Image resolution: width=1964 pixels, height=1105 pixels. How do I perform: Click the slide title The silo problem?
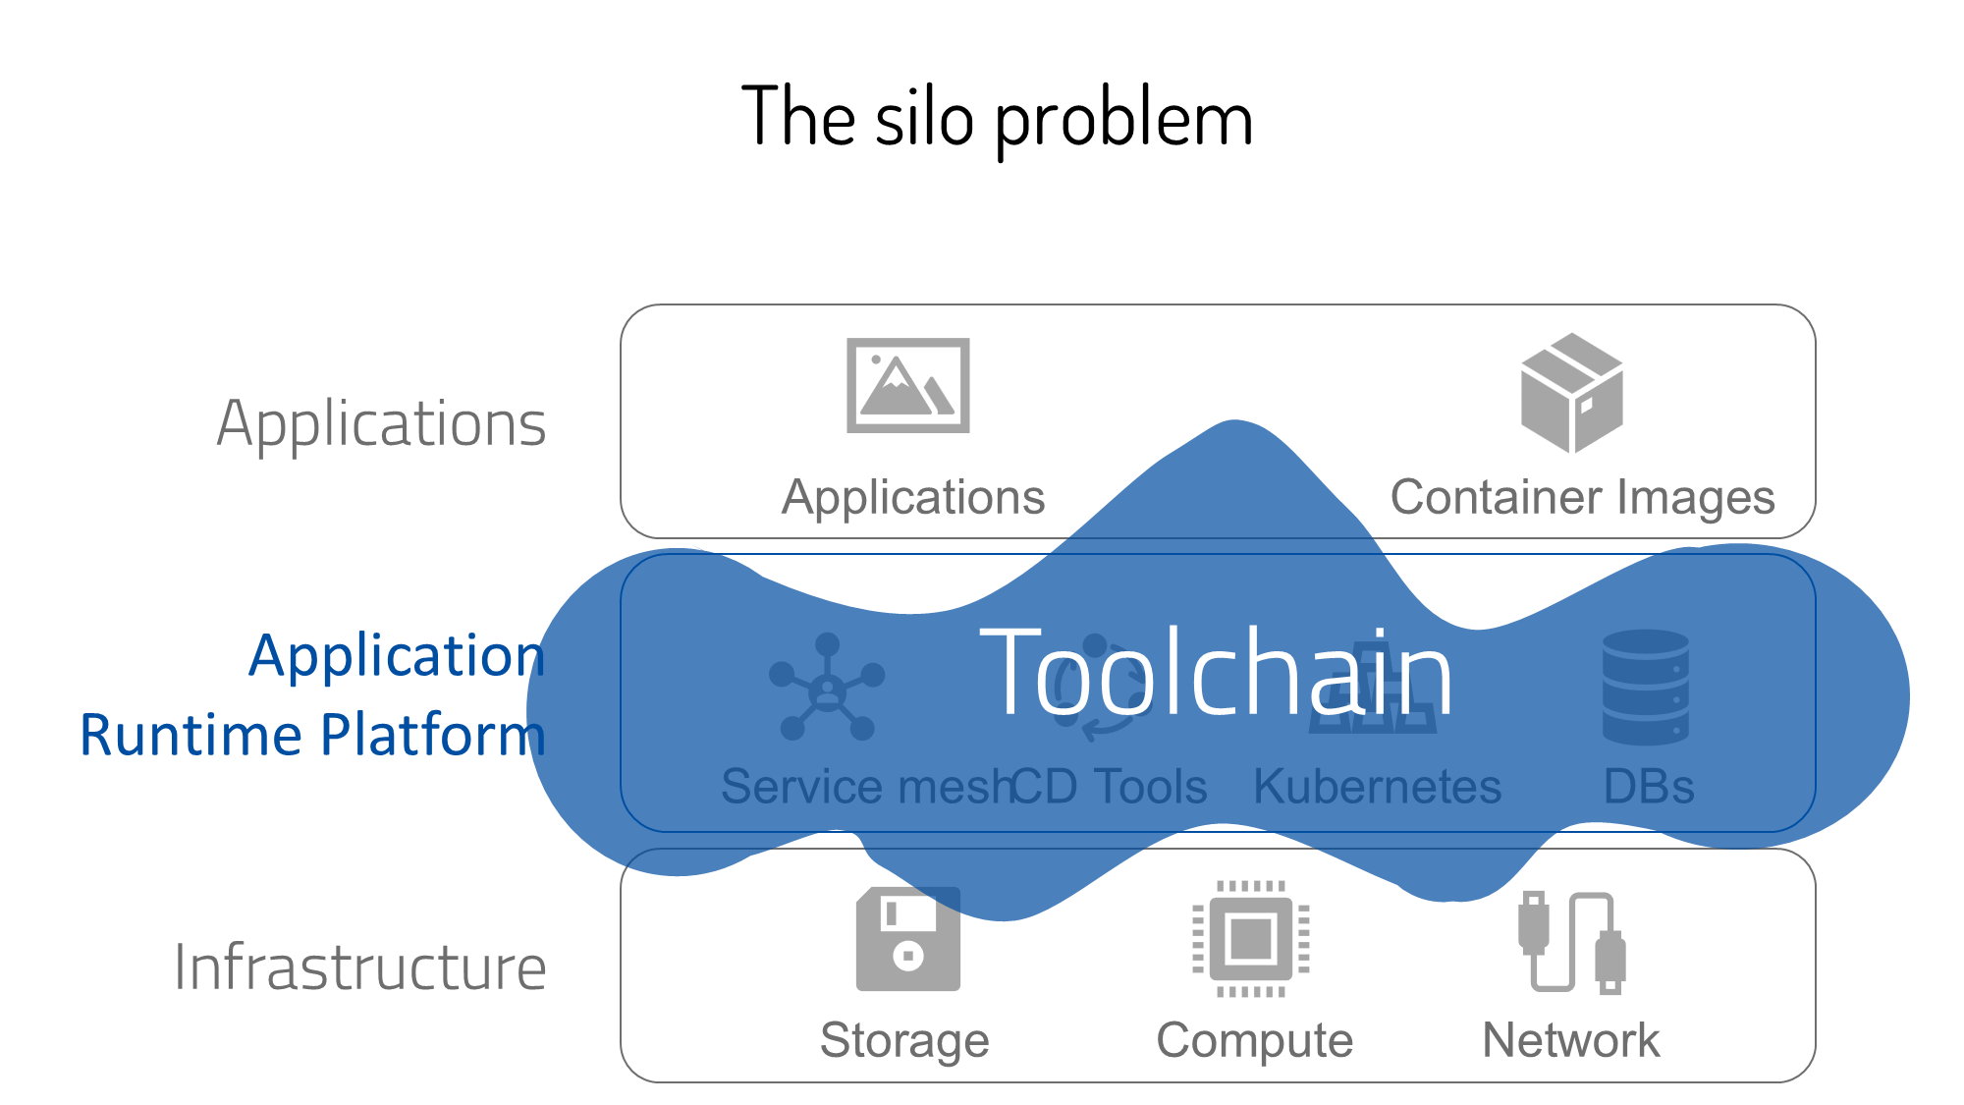click(997, 118)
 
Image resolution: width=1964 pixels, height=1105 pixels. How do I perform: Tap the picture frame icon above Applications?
click(907, 385)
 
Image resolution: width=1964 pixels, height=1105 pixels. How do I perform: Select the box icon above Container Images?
click(1571, 393)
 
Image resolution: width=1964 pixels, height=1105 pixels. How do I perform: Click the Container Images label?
click(1582, 497)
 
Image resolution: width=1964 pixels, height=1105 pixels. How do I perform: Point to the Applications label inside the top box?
click(913, 497)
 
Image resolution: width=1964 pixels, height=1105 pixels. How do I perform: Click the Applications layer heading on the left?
click(381, 424)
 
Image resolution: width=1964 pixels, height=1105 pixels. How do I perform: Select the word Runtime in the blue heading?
click(191, 735)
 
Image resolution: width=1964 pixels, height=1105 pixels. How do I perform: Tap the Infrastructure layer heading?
click(359, 967)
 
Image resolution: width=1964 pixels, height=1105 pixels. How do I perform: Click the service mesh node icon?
click(827, 688)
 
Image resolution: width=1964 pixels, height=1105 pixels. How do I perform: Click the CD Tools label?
click(1110, 787)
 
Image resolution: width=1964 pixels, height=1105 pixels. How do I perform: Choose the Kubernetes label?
click(1377, 787)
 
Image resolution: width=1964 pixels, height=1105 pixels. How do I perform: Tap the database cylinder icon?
click(1645, 688)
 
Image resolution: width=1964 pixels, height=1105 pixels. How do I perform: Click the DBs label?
click(1649, 787)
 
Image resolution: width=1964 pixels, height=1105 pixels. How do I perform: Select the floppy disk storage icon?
click(907, 940)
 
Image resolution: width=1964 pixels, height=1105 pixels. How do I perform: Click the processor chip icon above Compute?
click(1250, 939)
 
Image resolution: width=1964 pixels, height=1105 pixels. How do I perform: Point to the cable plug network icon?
click(1571, 943)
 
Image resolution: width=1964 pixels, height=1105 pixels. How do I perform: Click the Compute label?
click(1254, 1040)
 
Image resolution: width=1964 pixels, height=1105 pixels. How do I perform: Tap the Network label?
click(1570, 1040)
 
